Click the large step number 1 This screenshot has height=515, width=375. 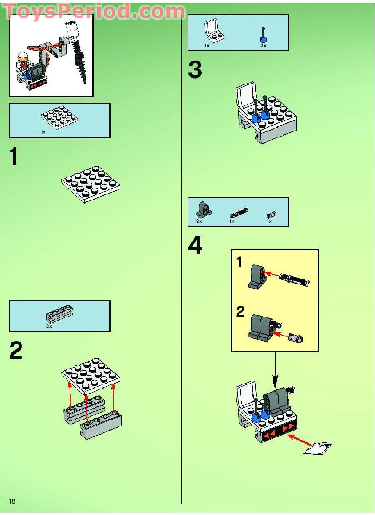14,157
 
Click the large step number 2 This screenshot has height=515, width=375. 16,351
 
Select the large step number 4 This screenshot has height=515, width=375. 195,246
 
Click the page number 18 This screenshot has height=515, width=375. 12,501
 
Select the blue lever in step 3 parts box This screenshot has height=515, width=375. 263,35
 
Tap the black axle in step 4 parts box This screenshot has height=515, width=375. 238,212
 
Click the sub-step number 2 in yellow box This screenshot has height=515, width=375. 241,313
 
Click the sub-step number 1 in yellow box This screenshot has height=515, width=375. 240,263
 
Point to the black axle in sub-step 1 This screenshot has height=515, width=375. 294,278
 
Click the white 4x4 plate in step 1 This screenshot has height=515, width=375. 91,184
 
